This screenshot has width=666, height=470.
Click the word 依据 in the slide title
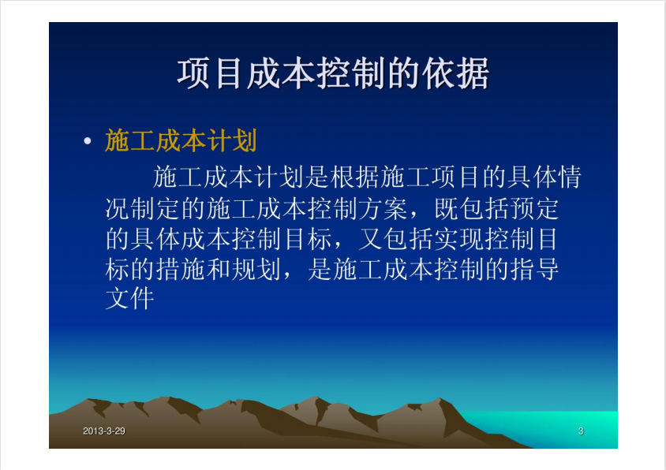pos(455,74)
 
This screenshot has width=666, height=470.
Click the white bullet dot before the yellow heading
pos(88,140)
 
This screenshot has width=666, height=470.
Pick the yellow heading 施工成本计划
pos(181,140)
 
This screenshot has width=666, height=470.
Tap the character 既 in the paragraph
pos(447,208)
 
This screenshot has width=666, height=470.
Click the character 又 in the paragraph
pos(370,239)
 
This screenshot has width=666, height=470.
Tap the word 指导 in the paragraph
pos(535,269)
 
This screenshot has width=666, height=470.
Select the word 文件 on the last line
pos(129,299)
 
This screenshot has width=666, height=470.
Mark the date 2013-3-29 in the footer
pos(104,431)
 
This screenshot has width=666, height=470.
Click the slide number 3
pos(581,431)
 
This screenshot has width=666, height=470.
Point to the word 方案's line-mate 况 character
pos(118,208)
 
